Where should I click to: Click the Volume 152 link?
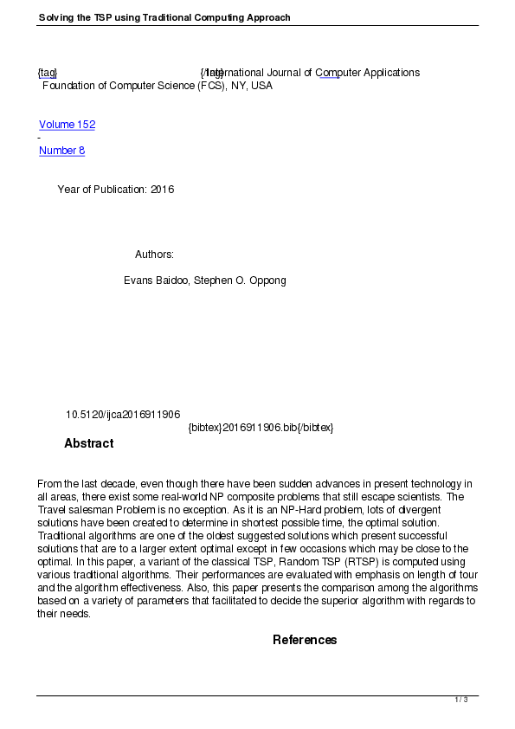pyautogui.click(x=67, y=125)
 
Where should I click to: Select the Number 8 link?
pyautogui.click(x=61, y=151)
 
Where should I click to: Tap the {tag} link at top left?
pyautogui.click(x=48, y=73)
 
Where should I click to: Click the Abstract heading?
pyautogui.click(x=88, y=443)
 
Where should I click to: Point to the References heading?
pyautogui.click(x=305, y=640)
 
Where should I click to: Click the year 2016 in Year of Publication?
pyautogui.click(x=162, y=190)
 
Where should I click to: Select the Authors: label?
pyautogui.click(x=154, y=255)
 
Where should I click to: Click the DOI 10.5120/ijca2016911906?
pyautogui.click(x=123, y=415)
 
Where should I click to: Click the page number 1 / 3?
pyautogui.click(x=461, y=700)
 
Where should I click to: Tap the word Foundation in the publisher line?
pyautogui.click(x=69, y=86)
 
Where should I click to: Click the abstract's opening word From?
pyautogui.click(x=49, y=483)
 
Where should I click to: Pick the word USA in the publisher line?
pyautogui.click(x=261, y=86)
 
